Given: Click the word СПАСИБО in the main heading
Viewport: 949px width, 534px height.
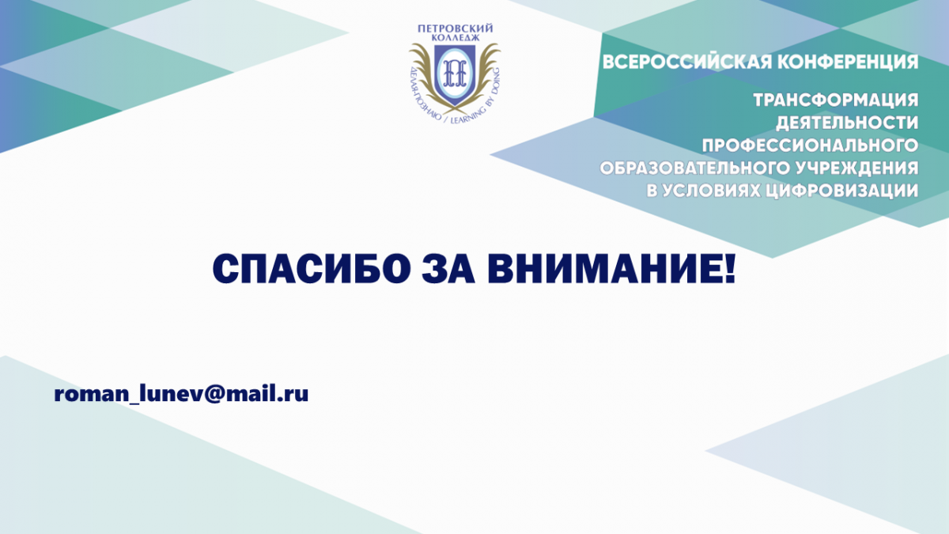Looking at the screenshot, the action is tap(312, 269).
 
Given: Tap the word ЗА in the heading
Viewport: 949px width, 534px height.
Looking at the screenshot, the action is tap(448, 269).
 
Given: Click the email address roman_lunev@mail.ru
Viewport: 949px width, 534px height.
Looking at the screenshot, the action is tap(181, 394).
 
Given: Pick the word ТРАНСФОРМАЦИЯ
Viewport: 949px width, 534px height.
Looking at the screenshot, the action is tap(836, 100).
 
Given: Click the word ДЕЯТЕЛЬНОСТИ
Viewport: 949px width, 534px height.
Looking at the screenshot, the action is tap(847, 123).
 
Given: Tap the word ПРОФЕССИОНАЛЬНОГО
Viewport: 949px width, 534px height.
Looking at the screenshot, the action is tap(810, 146).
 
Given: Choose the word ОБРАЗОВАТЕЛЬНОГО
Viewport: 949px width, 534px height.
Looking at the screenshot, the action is tap(694, 169).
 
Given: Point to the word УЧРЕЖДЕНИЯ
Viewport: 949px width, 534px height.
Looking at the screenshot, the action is tap(856, 169).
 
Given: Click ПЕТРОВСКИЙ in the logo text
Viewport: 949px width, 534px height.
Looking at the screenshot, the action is tap(456, 28).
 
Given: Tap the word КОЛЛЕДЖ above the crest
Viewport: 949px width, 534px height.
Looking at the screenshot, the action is tap(456, 38).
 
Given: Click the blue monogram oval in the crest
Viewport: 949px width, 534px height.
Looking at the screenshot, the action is tap(455, 74).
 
